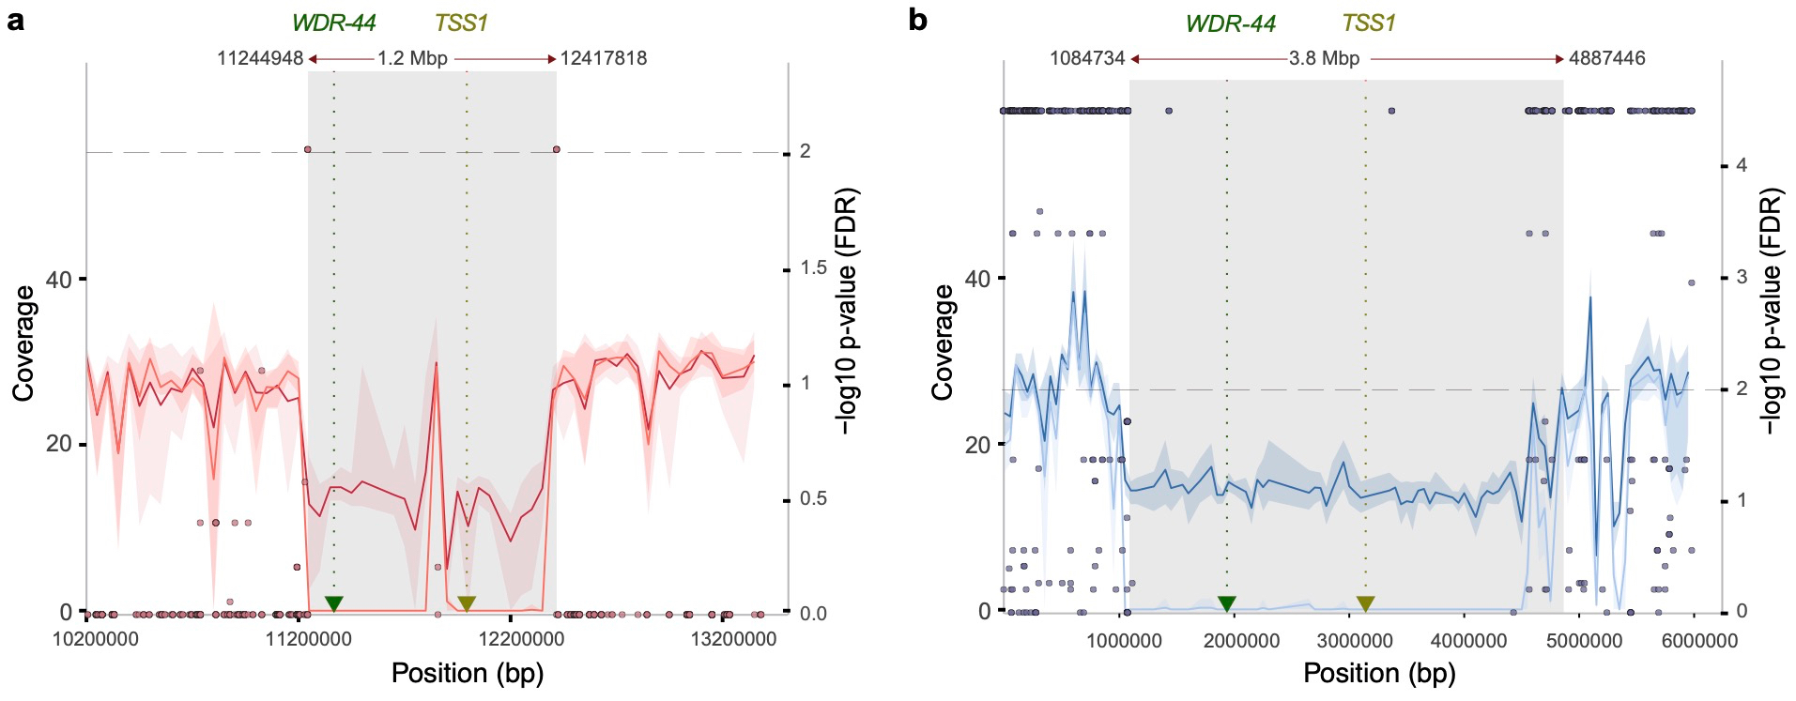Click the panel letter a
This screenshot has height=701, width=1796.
(x=15, y=20)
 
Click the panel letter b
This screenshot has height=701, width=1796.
(x=918, y=20)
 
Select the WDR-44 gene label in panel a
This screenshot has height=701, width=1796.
(x=333, y=23)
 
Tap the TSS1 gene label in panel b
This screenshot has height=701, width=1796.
(x=1368, y=23)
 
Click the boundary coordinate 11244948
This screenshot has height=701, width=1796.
(x=260, y=58)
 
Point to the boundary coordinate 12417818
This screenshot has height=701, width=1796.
(x=604, y=58)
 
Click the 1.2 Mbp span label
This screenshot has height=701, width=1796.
(x=412, y=58)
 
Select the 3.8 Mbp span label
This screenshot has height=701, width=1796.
(x=1324, y=58)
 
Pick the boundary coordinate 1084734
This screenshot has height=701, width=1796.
(x=1087, y=58)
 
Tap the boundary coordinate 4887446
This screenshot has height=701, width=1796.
(x=1607, y=58)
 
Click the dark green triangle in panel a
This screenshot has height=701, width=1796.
(x=333, y=603)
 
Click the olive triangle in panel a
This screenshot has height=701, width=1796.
(x=467, y=603)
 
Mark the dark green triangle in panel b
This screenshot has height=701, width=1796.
(x=1226, y=603)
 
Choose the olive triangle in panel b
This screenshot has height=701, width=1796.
(x=1365, y=603)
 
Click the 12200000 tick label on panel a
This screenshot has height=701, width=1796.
(x=522, y=639)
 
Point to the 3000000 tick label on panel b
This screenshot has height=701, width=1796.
(x=1355, y=640)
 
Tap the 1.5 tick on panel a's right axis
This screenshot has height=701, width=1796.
(x=813, y=268)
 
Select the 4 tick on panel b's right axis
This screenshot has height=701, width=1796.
(x=1742, y=165)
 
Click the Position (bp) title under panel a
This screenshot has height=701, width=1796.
(x=468, y=673)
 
